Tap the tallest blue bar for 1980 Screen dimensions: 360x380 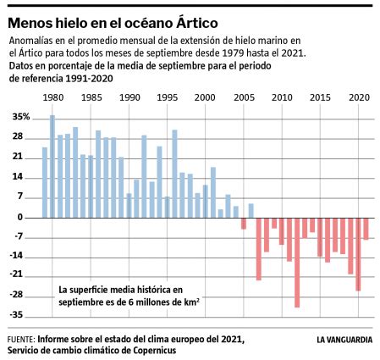(x=52, y=166)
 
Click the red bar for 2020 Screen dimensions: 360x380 (x=358, y=254)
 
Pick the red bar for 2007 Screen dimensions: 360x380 (x=259, y=248)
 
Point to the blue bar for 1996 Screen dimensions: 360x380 (x=174, y=174)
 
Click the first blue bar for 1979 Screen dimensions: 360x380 (x=45, y=182)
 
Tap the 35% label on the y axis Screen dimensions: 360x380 (x=21, y=117)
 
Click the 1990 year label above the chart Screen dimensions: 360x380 (x=129, y=97)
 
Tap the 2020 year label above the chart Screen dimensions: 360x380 (x=357, y=97)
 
